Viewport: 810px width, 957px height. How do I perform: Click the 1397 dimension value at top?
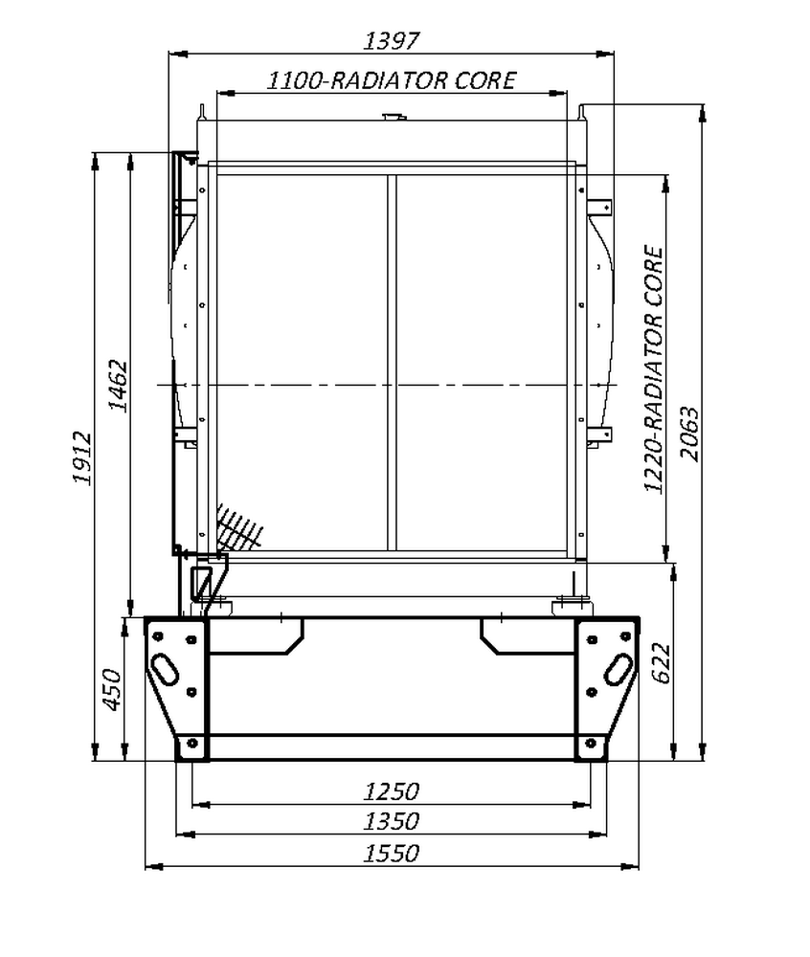point(392,41)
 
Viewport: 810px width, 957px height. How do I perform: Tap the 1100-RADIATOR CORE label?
point(392,80)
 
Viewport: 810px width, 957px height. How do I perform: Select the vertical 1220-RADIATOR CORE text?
point(653,368)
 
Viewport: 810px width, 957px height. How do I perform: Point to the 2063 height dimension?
point(689,434)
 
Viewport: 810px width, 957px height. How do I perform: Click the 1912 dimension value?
point(82,457)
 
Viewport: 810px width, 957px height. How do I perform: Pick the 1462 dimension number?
point(118,387)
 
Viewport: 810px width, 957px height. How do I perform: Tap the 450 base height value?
point(112,690)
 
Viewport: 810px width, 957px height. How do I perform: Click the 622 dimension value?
point(661,663)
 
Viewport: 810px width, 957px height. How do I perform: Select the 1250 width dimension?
point(392,791)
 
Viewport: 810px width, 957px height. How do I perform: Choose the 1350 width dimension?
point(392,821)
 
